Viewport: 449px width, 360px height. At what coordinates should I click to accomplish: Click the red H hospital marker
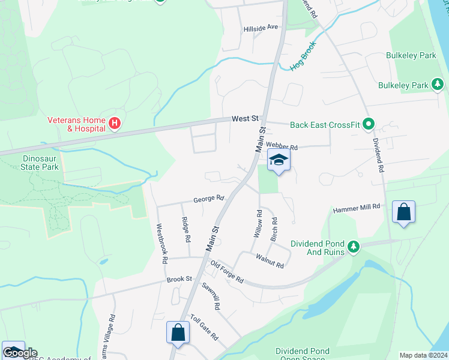(115, 124)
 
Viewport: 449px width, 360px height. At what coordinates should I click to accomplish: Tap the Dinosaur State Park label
(32, 163)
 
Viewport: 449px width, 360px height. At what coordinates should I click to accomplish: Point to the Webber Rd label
(282, 146)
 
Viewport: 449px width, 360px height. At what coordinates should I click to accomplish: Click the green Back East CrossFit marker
(369, 125)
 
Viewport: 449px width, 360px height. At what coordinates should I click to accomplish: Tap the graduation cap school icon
(279, 160)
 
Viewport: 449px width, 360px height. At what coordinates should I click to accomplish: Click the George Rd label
(208, 198)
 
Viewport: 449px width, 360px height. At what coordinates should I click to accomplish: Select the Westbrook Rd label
(161, 244)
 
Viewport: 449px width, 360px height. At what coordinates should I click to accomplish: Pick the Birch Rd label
(274, 229)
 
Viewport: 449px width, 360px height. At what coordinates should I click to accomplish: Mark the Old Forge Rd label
(226, 272)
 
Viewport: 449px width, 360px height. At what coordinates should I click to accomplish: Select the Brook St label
(179, 279)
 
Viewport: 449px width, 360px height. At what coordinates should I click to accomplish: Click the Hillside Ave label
(261, 27)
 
